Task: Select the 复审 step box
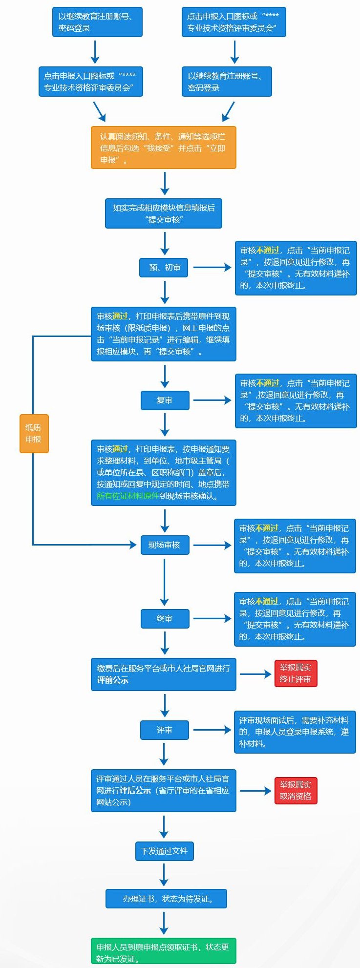(165, 400)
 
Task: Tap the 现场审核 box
(164, 545)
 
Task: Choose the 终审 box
(165, 619)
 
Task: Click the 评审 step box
(165, 730)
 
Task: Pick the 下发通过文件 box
(164, 851)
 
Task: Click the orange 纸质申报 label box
(34, 433)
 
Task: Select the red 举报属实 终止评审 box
(296, 673)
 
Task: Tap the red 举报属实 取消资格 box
(296, 791)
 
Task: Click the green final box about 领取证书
(163, 950)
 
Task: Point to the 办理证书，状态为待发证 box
(166, 899)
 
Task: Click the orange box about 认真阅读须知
(163, 148)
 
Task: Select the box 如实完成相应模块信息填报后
(164, 213)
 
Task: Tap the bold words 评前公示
(113, 680)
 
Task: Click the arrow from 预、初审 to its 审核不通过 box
(212, 267)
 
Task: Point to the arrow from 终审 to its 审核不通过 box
(212, 618)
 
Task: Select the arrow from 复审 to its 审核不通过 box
(212, 400)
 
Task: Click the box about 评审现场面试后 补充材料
(295, 732)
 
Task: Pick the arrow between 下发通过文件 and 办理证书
(164, 874)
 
